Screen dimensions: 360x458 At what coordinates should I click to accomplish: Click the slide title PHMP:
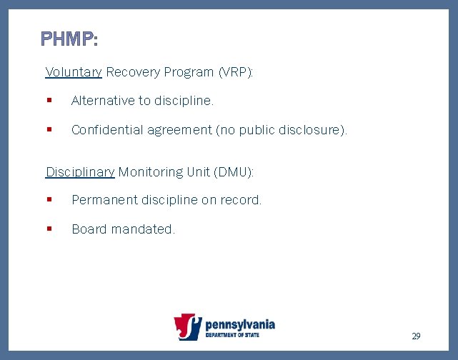69,39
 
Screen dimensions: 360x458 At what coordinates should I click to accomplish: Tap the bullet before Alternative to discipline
49,101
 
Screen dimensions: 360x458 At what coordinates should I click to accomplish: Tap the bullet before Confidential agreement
49,130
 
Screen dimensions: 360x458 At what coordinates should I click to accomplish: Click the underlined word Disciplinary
80,172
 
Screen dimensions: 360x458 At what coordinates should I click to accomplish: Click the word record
242,201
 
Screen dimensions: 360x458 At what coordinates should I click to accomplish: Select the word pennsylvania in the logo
240,324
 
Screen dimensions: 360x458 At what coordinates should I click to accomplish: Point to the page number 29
416,336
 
